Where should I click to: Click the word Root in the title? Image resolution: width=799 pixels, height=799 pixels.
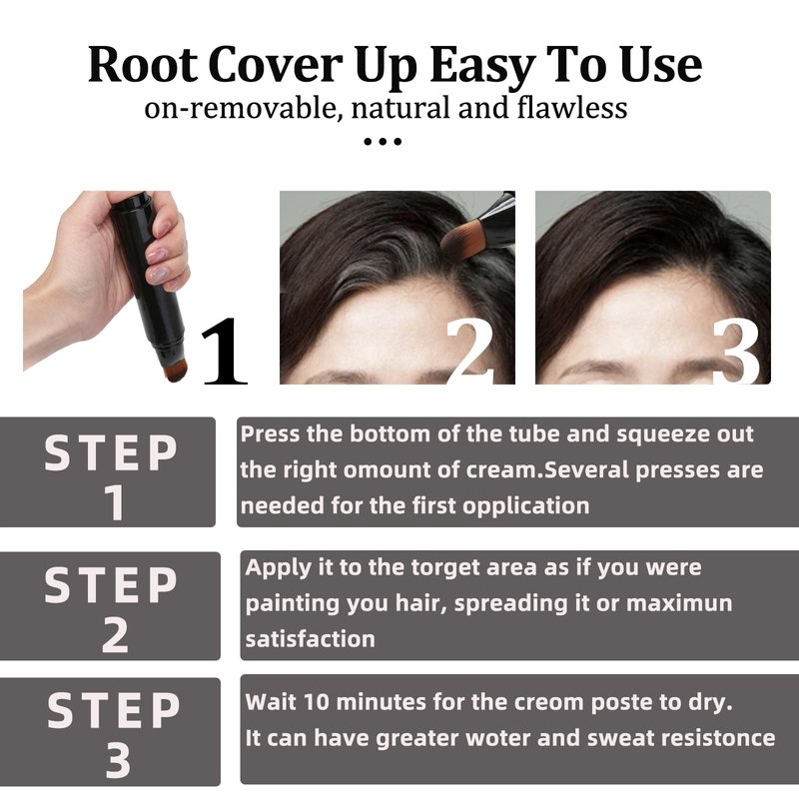click(x=143, y=65)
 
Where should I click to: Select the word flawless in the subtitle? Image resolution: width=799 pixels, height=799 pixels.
click(x=571, y=108)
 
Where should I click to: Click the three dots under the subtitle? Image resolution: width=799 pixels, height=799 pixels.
click(x=383, y=141)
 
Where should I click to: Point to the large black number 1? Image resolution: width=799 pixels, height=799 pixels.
click(x=224, y=351)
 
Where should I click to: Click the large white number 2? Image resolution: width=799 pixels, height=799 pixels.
click(x=469, y=351)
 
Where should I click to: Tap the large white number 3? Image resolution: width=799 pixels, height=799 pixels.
click(x=736, y=351)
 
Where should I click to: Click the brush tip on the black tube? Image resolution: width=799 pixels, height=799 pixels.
click(x=175, y=369)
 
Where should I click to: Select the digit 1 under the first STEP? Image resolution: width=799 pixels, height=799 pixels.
click(x=115, y=502)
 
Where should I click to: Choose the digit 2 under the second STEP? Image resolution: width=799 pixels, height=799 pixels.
click(x=115, y=634)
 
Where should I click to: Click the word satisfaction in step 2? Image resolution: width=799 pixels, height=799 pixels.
click(x=311, y=639)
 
